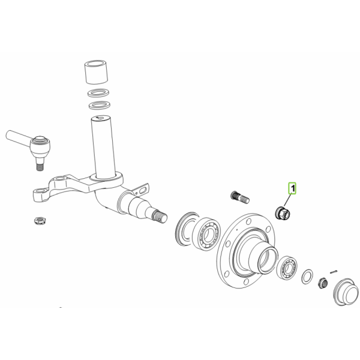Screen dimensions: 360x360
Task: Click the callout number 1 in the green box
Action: tap(293, 188)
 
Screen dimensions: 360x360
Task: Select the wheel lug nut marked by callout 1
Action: tap(283, 212)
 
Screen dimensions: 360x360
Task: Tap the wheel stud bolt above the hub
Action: tap(239, 197)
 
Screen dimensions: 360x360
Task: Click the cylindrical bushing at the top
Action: tap(97, 72)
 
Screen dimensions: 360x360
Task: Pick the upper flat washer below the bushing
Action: tap(98, 93)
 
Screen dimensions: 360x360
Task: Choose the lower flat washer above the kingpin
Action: tap(99, 106)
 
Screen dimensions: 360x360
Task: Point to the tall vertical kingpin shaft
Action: tap(103, 147)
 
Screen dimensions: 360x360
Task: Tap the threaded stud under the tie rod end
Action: tap(40, 164)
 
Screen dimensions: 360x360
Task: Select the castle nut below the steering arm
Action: tap(40, 221)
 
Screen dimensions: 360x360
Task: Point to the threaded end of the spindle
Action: tap(160, 217)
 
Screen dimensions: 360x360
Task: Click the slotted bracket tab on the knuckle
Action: tap(141, 190)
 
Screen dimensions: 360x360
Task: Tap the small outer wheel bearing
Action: tap(287, 267)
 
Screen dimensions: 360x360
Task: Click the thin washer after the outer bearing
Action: tap(307, 277)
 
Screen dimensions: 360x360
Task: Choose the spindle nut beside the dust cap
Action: tap(322, 283)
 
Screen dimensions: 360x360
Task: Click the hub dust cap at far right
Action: tap(346, 292)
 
